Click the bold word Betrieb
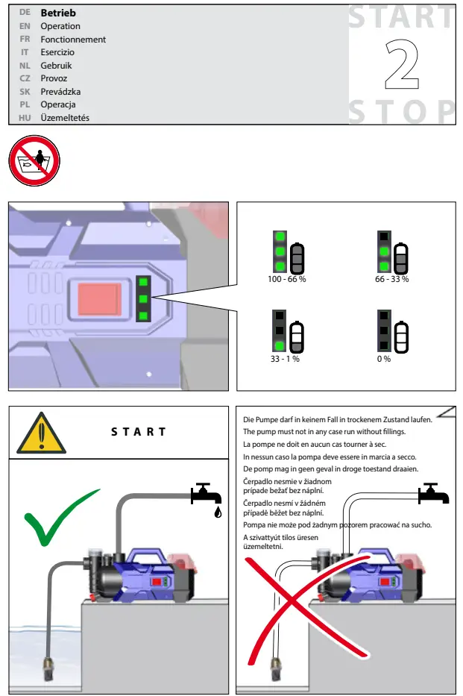(58, 13)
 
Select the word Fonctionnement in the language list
(73, 40)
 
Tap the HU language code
(25, 118)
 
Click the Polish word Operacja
(58, 104)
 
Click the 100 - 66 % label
(287, 278)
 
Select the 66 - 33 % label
(393, 278)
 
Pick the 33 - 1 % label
(285, 359)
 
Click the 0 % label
(384, 359)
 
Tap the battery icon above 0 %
(402, 337)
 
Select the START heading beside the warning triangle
(139, 432)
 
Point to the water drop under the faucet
(217, 513)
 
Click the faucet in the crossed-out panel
(431, 493)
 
